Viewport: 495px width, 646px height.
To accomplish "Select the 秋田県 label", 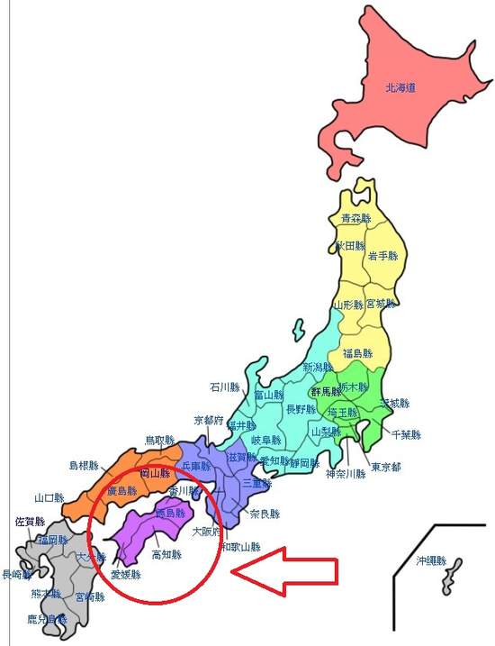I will (349, 245).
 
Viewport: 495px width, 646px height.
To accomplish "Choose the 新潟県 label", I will (319, 368).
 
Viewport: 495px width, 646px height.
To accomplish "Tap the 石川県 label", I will (225, 387).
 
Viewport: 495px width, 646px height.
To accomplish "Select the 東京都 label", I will (385, 468).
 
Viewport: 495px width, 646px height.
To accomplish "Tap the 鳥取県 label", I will (160, 441).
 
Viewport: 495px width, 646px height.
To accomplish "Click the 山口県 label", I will (49, 497).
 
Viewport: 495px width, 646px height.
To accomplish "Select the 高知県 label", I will (166, 555).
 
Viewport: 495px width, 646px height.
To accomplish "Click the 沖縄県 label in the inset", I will (431, 560).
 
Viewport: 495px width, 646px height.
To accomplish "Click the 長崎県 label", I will (15, 574).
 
